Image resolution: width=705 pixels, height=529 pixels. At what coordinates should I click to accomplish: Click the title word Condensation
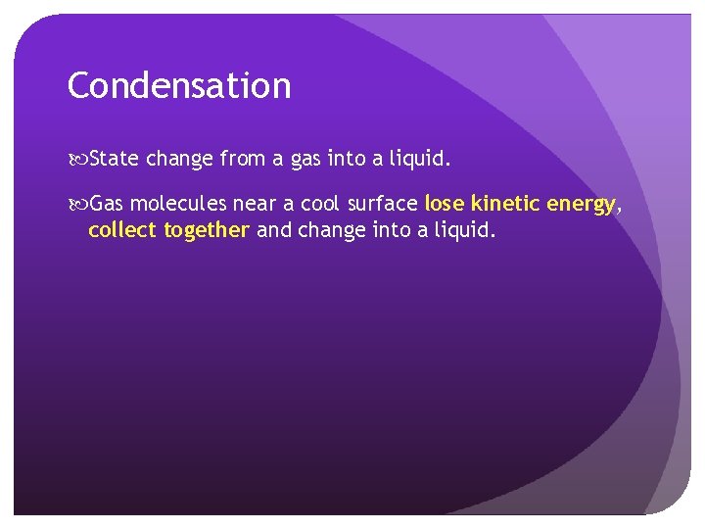179,86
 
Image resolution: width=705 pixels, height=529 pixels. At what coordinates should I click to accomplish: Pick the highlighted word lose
445,204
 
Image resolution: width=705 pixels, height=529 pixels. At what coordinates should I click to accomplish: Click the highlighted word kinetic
505,204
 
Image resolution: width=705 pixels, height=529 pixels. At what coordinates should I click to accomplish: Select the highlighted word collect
122,230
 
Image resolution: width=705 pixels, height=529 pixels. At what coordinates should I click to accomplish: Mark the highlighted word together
207,231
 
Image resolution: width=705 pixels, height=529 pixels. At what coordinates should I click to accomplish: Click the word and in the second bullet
272,230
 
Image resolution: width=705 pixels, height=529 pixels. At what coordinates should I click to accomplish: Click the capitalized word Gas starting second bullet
108,204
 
